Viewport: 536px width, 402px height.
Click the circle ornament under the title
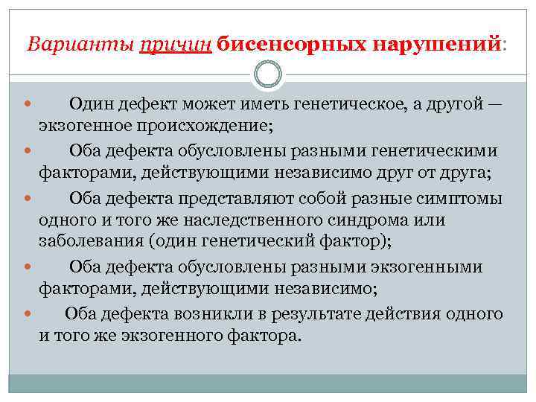click(268, 74)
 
